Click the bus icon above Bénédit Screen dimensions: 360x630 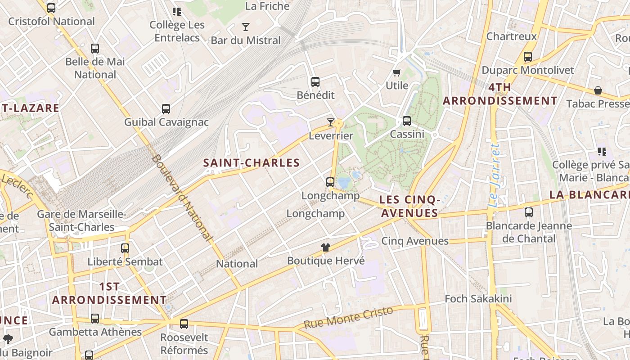tap(315, 82)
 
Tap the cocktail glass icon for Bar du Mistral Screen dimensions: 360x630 tap(245, 27)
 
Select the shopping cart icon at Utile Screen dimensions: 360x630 tap(396, 72)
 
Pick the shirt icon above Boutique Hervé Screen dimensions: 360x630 tap(326, 247)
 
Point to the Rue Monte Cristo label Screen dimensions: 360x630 tap(348, 318)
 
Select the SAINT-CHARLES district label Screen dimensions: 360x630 tap(252, 163)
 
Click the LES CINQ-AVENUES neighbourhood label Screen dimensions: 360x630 tap(409, 206)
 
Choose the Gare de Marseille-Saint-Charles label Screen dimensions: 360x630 tap(81, 220)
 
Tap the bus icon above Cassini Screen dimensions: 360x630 tap(407, 121)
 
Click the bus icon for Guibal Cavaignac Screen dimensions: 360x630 tap(166, 109)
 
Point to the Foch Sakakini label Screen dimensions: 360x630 tap(478, 299)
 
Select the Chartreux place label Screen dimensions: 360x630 tap(512, 36)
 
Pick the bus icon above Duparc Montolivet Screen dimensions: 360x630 tap(528, 57)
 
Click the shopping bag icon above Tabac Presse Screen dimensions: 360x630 tap(598, 90)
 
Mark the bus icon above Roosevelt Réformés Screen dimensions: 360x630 tap(184, 324)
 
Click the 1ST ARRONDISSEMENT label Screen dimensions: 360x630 tap(109, 293)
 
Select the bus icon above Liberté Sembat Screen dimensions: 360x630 tap(125, 248)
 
